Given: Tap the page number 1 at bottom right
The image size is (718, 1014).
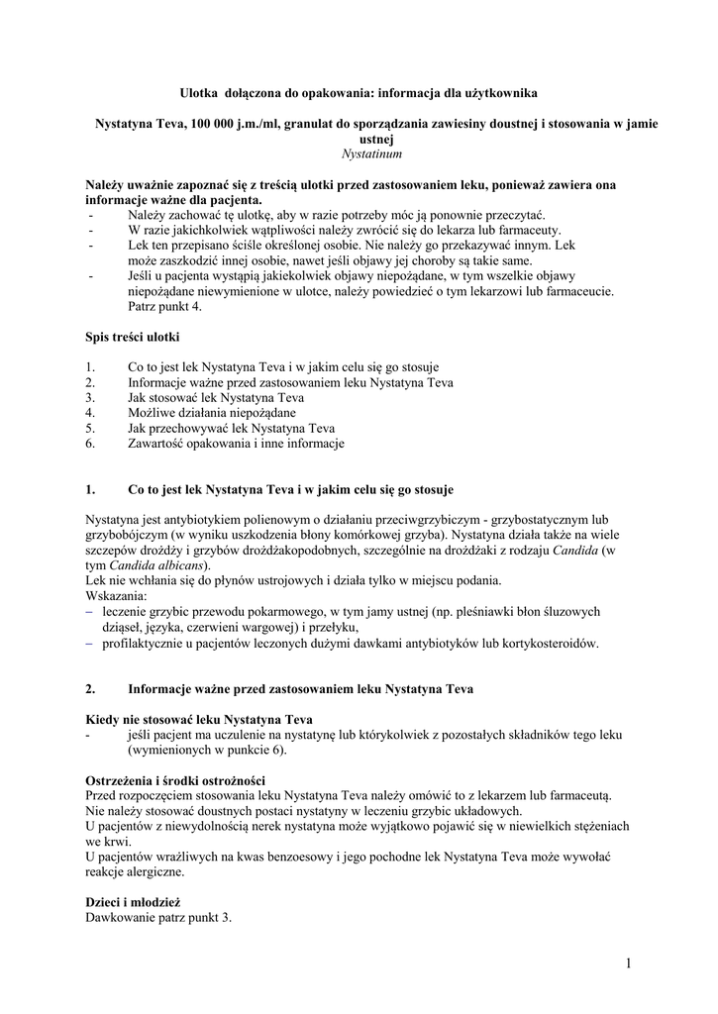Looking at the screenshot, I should tap(628, 963).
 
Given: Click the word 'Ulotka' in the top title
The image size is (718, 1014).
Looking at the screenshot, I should tap(198, 92).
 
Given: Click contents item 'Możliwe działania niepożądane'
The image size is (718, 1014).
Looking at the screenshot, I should tap(211, 412).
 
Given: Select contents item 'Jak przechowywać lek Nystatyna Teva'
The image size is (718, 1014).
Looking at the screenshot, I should tap(231, 428).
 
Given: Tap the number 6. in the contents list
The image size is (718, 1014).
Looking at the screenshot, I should tap(90, 444).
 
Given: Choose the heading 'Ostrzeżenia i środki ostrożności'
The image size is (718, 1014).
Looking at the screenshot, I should tap(175, 780).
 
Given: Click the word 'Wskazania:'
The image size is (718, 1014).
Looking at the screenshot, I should tap(116, 596).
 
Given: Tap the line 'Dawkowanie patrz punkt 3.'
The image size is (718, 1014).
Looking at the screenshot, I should tap(158, 918).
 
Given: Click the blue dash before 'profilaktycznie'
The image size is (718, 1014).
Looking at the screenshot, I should tap(89, 643).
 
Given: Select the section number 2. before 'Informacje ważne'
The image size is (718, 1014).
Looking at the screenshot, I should tap(90, 688).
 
